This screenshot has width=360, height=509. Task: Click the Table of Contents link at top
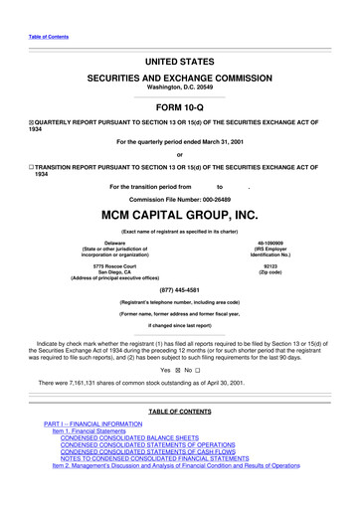click(x=48, y=37)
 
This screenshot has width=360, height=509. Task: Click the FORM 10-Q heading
click(x=179, y=105)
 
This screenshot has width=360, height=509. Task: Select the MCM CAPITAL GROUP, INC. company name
click(x=179, y=214)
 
